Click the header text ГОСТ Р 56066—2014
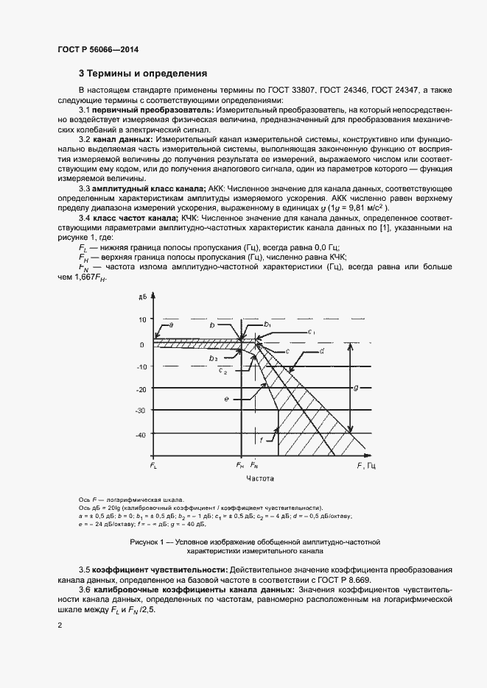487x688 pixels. pyautogui.click(x=97, y=49)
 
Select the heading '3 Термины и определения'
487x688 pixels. pyautogui.click(x=143, y=74)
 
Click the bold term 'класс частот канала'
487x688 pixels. pyautogui.click(x=135, y=219)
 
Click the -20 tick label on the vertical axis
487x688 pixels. pyautogui.click(x=141, y=389)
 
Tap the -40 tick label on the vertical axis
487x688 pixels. pyautogui.click(x=141, y=436)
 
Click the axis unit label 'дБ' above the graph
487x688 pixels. pyautogui.click(x=141, y=297)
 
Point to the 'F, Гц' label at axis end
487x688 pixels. pyautogui.click(x=367, y=466)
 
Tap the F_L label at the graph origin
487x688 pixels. pyautogui.click(x=153, y=466)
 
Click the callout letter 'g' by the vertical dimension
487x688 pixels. pyautogui.click(x=355, y=387)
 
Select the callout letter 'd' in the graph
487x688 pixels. pyautogui.click(x=323, y=350)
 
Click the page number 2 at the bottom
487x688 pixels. pyautogui.click(x=60, y=625)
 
